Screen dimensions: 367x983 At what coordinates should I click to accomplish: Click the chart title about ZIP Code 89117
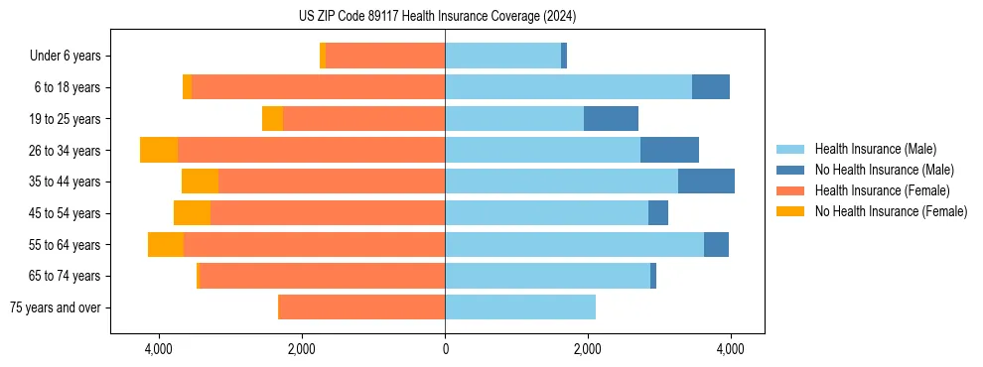437,17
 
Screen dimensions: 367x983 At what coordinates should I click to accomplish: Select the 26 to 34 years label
67,151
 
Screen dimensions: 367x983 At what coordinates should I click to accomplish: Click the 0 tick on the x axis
445,350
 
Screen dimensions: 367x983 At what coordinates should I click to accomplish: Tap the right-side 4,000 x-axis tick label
730,350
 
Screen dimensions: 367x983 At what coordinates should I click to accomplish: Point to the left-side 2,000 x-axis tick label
302,350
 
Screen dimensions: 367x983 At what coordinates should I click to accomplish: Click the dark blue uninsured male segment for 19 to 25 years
611,119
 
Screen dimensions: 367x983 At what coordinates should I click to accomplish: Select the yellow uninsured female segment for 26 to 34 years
159,150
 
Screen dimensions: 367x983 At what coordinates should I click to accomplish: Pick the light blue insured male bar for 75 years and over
520,307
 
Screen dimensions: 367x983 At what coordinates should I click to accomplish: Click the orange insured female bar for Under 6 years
385,57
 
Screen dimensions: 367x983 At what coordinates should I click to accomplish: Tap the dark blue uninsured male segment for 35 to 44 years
706,182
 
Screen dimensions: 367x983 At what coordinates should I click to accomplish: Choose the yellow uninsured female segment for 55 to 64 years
166,245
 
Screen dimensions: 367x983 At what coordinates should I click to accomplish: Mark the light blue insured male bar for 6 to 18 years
568,87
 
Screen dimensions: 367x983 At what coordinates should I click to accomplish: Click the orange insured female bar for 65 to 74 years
323,276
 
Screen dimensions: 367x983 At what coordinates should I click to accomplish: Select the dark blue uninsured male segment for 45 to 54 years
658,213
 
